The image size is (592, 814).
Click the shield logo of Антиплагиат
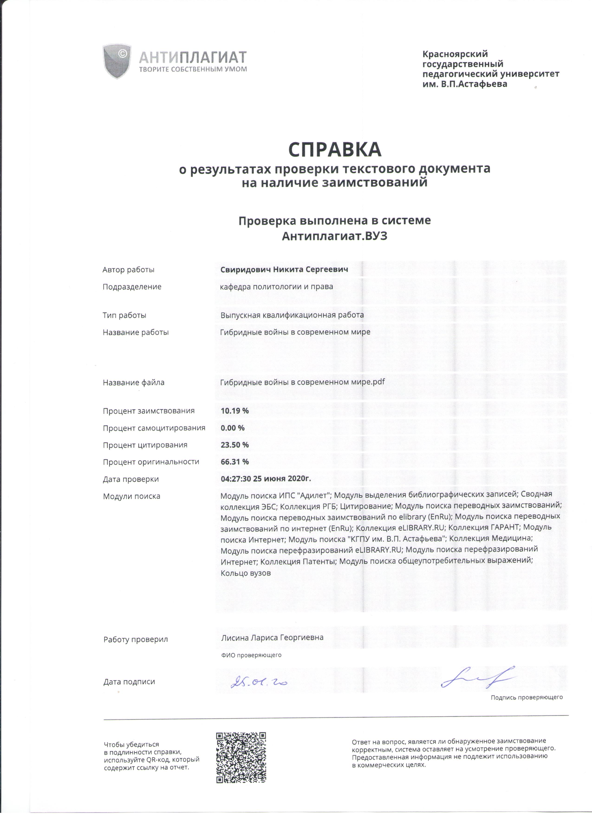117,61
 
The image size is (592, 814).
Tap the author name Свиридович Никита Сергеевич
284,269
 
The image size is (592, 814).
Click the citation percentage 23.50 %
234,445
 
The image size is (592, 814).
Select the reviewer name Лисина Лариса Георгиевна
272,638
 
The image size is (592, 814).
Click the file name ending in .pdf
302,382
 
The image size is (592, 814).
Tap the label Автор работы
128,269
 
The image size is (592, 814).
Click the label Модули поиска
131,496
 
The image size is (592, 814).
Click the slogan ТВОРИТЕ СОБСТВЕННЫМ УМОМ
193,69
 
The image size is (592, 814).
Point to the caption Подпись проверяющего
527,697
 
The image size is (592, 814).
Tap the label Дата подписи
129,682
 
